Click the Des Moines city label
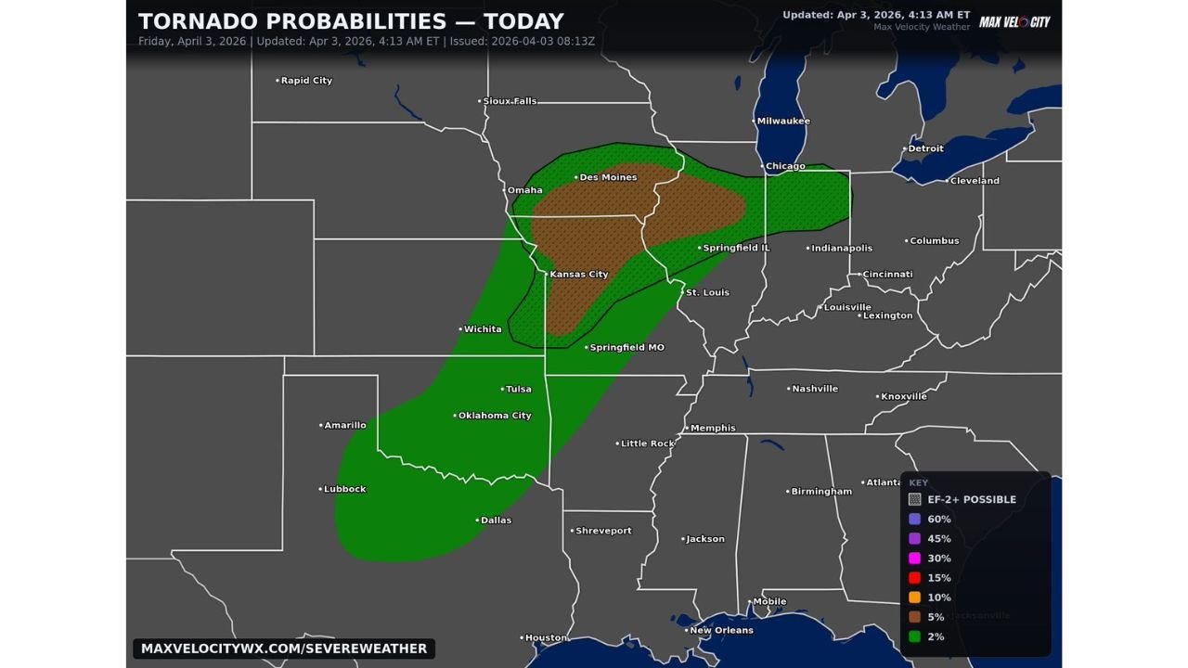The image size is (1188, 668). click(608, 177)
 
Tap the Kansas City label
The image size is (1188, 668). click(578, 275)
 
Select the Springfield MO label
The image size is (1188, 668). click(626, 348)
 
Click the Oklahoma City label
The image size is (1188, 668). click(495, 416)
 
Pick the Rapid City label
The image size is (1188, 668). click(306, 81)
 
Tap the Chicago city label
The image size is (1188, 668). click(785, 167)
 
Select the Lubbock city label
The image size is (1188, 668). click(344, 489)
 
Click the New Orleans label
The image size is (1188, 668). click(721, 630)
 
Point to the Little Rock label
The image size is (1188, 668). click(647, 443)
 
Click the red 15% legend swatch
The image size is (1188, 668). click(914, 578)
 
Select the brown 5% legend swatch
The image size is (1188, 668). click(914, 617)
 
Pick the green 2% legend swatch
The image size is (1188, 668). click(914, 636)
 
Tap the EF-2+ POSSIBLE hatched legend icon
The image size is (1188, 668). click(914, 499)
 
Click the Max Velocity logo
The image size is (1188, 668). click(1014, 21)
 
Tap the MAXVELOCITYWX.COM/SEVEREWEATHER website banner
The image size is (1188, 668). click(284, 649)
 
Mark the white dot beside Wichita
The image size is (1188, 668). click(460, 329)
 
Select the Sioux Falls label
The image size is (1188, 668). click(510, 101)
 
